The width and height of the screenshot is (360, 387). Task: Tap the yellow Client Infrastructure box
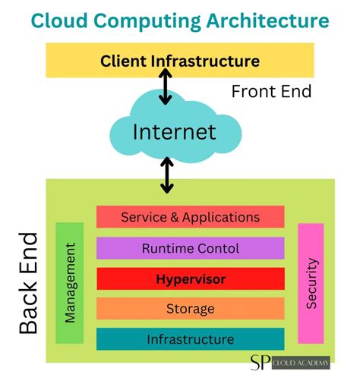click(180, 61)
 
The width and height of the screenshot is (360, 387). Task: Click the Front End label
click(272, 92)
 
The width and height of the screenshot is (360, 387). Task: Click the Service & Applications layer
click(190, 217)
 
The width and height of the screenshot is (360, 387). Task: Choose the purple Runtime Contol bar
click(190, 248)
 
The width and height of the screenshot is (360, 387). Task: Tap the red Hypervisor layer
click(190, 278)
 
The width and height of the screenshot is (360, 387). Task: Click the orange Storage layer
click(190, 309)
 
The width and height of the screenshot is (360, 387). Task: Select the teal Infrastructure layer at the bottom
click(190, 339)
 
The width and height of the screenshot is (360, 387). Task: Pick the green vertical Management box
click(70, 282)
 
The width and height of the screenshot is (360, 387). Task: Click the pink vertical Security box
click(311, 283)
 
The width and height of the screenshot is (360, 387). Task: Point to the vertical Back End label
click(28, 283)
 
